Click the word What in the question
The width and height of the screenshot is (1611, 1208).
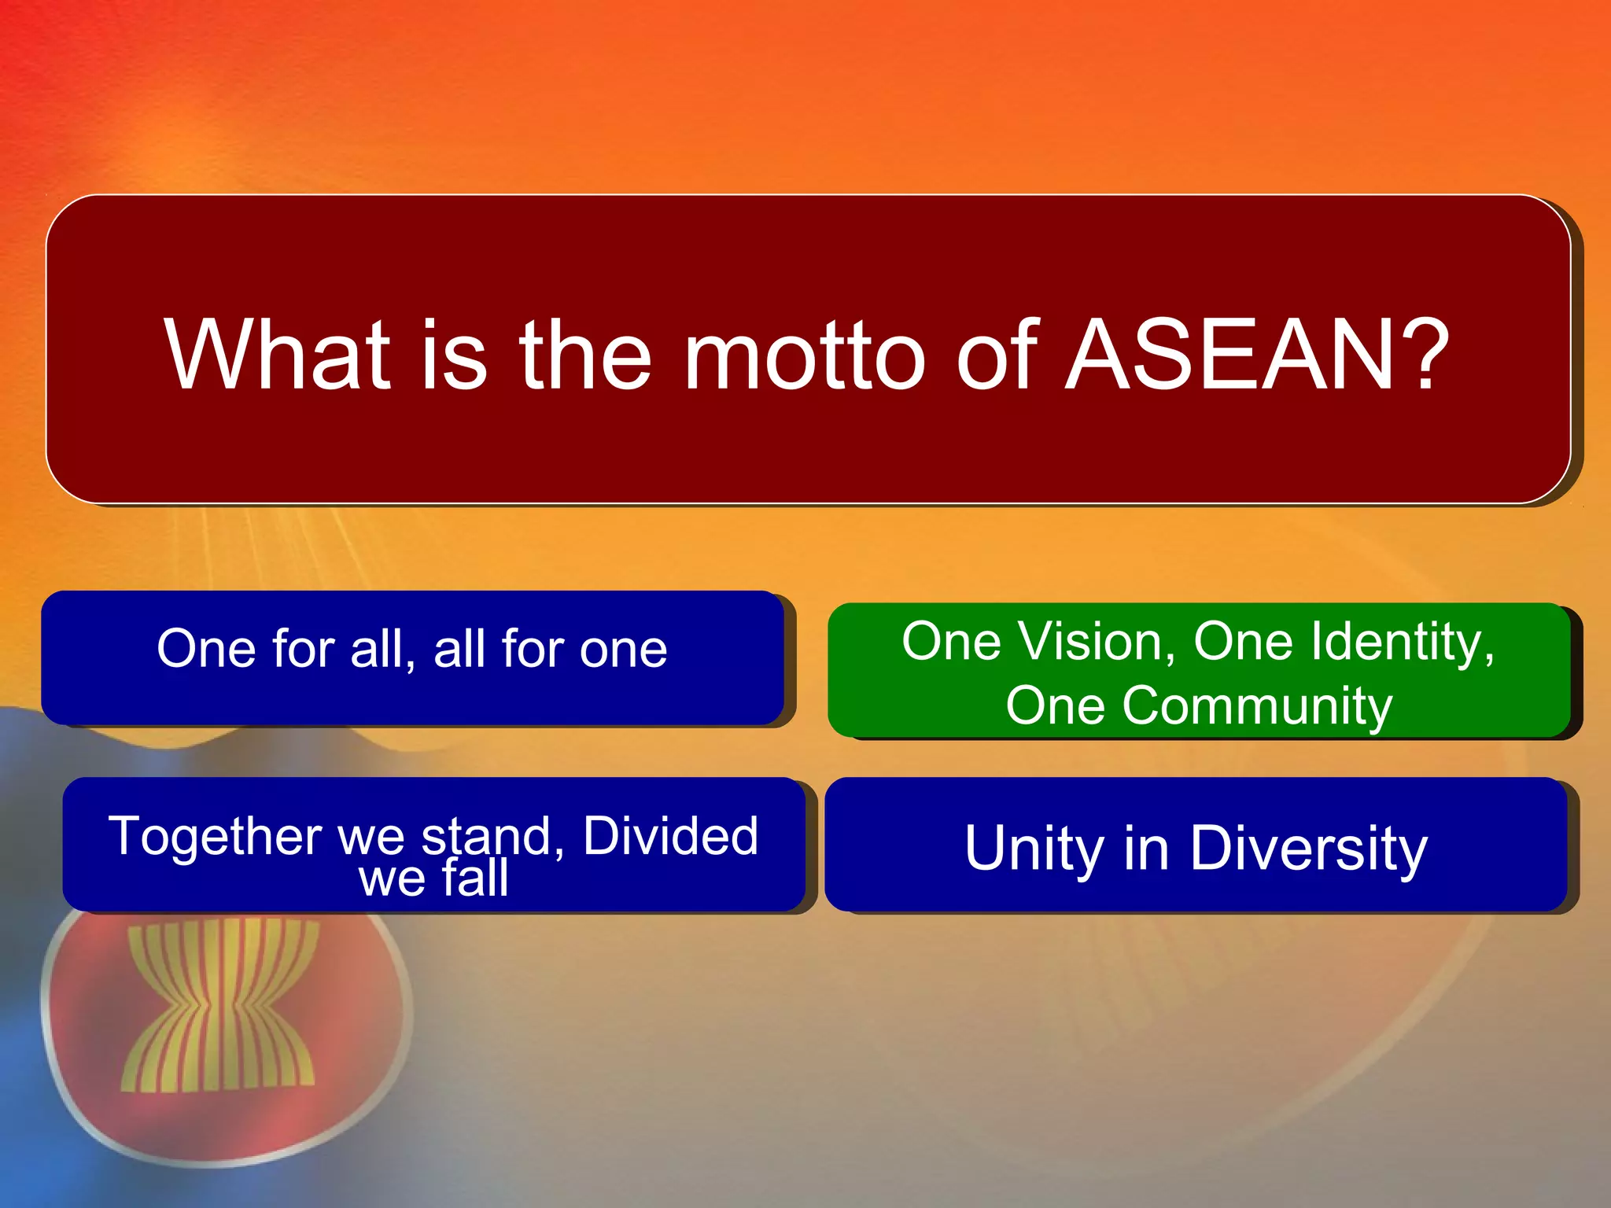point(277,355)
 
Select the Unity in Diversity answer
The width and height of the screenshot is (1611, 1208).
point(1196,845)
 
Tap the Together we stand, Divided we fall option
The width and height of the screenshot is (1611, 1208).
point(433,845)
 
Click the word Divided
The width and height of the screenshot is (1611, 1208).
point(670,835)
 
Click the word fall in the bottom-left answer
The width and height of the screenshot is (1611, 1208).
point(474,878)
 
